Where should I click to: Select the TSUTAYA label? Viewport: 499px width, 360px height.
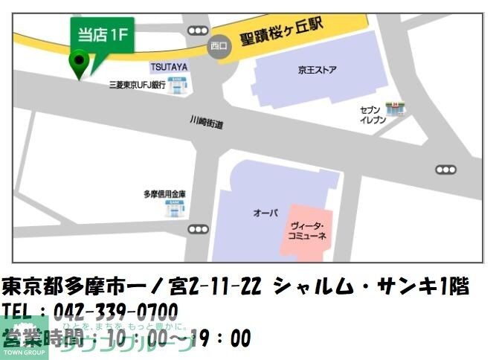coord(168,67)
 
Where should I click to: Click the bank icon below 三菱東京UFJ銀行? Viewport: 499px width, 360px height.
coord(176,85)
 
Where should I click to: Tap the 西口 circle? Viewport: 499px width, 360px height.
coord(219,46)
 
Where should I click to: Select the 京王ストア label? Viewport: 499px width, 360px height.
coord(317,71)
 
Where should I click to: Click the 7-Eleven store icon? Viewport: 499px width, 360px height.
coord(393,109)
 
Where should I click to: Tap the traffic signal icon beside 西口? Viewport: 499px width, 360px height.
coord(198,30)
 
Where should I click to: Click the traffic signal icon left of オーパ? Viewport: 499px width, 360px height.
coord(198,229)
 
